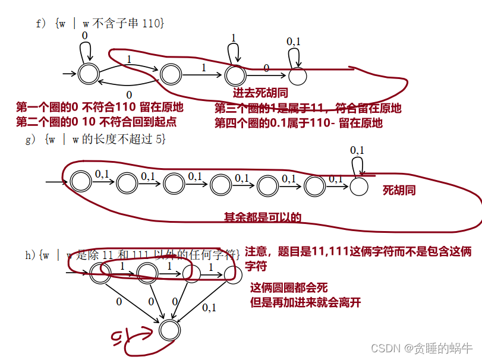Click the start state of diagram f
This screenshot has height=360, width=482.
(x=88, y=74)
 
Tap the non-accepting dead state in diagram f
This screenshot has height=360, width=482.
(x=298, y=75)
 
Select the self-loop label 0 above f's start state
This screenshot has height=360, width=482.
(x=85, y=36)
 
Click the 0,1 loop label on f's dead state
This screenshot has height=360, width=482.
(x=294, y=42)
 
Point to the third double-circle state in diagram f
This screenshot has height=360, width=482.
(x=235, y=74)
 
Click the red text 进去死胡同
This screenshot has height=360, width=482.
(x=258, y=93)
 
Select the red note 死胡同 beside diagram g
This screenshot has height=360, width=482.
(x=399, y=190)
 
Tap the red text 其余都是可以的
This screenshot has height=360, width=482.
(x=262, y=217)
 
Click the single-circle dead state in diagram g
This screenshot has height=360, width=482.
(x=358, y=186)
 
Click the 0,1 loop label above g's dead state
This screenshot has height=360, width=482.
(x=357, y=150)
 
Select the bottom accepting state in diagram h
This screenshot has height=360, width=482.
(x=168, y=329)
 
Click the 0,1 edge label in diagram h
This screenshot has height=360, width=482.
(x=209, y=308)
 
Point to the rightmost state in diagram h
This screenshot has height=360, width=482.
(x=233, y=274)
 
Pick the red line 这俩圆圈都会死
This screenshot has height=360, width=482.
(x=289, y=288)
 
